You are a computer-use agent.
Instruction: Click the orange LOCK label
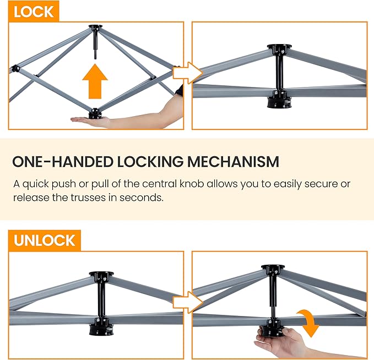coord(34,12)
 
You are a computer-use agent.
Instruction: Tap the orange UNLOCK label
coord(45,241)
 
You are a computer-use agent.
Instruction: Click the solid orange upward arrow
coord(95,81)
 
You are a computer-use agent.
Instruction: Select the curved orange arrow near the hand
coord(309,323)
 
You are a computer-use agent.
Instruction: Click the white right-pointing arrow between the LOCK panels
coord(188,73)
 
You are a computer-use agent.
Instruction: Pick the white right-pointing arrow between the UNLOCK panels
coord(188,302)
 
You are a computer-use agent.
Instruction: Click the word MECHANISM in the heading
coord(233,162)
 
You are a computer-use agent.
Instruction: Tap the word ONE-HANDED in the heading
coord(62,162)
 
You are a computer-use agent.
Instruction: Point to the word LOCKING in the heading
coord(150,162)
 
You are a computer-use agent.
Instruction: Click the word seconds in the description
coord(142,198)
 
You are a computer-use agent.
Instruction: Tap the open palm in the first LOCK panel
coord(91,122)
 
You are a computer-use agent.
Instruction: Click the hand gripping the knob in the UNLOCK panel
coord(278,340)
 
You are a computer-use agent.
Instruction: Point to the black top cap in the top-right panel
coord(279,47)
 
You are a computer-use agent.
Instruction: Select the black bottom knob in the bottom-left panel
coord(101,330)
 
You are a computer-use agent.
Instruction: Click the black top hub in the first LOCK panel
coord(95,27)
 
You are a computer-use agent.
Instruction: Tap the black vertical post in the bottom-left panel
coord(101,299)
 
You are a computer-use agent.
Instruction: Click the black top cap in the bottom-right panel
coord(273,268)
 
